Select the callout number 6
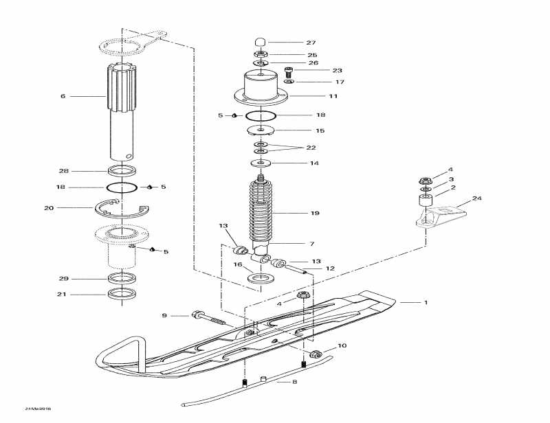pyautogui.click(x=63, y=96)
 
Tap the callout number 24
pyautogui.click(x=477, y=199)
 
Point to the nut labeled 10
pyautogui.click(x=316, y=354)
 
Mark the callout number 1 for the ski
pyautogui.click(x=425, y=302)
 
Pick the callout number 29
pyautogui.click(x=63, y=279)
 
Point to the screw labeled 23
pyautogui.click(x=289, y=69)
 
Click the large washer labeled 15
pyautogui.click(x=262, y=130)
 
